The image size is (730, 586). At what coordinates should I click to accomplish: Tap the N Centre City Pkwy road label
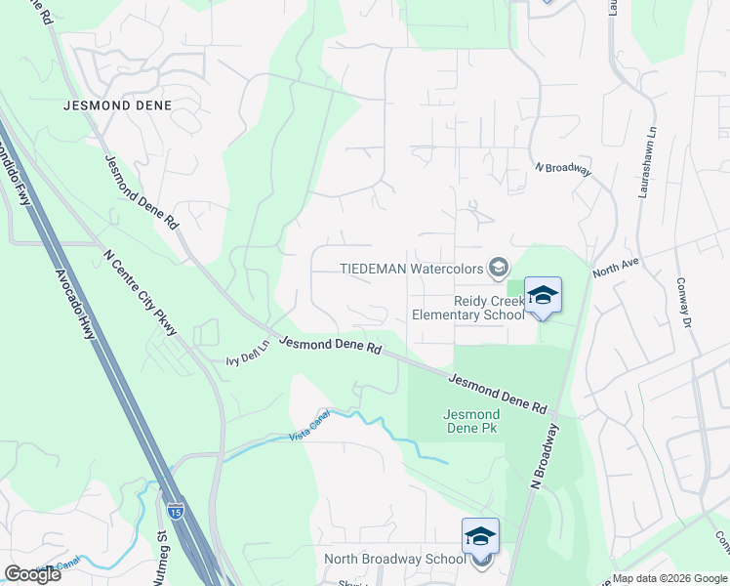(x=141, y=293)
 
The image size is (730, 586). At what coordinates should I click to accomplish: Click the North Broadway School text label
(x=394, y=560)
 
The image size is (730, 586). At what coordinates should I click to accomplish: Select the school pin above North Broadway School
(x=480, y=536)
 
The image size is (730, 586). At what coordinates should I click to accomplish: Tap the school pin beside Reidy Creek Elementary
(x=543, y=295)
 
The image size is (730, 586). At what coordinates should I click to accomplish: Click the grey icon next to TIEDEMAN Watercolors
(x=499, y=268)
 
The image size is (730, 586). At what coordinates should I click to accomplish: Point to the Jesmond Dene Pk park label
(x=471, y=422)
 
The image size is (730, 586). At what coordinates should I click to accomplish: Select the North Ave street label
(x=614, y=268)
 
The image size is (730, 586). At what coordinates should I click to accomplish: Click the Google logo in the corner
(x=32, y=574)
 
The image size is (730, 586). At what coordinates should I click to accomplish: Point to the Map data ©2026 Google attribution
(x=669, y=578)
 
